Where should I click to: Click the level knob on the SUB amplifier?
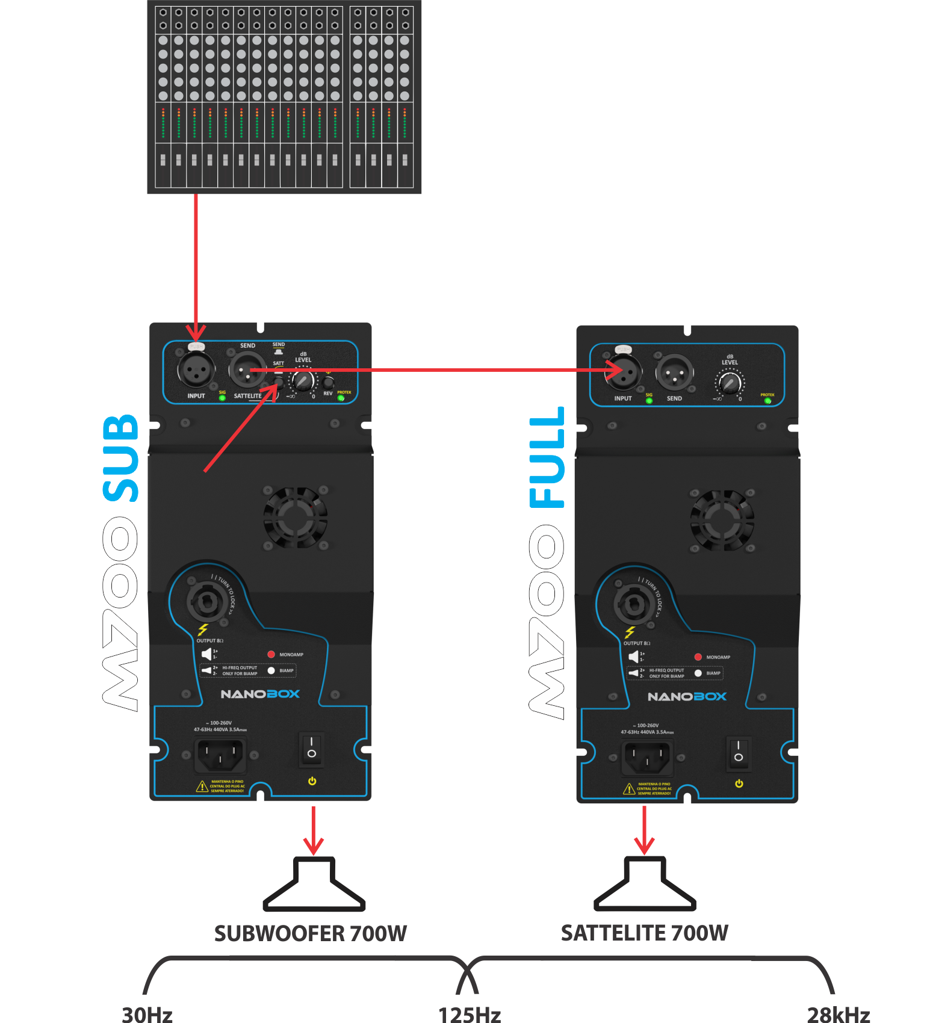tap(302, 381)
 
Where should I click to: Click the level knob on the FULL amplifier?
tap(730, 383)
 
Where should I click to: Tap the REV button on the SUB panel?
tap(328, 382)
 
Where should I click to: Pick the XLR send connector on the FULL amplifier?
tap(674, 373)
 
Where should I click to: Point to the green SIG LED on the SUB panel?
tap(222, 398)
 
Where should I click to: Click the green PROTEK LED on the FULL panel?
tap(767, 401)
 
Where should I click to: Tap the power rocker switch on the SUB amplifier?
tap(311, 749)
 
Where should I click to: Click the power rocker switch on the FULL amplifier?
tap(739, 752)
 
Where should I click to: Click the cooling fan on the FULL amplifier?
tap(722, 520)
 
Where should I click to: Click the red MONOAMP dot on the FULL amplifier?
tap(698, 657)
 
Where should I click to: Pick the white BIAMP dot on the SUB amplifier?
tap(271, 670)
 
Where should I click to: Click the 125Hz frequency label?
tap(470, 1015)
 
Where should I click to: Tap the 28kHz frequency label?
tap(839, 1015)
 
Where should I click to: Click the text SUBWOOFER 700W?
tap(311, 933)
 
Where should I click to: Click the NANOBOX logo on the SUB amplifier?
tap(260, 694)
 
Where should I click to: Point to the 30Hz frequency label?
tap(147, 1015)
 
